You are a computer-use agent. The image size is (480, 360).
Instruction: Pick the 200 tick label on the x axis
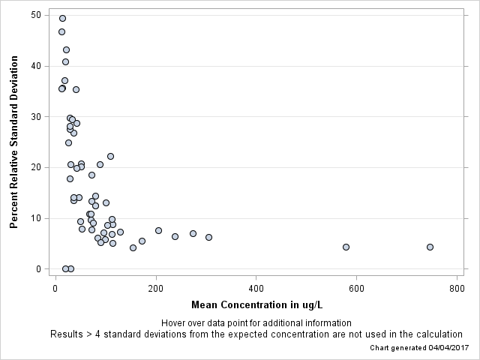(156, 288)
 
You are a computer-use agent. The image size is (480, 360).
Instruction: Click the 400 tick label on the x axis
(256, 288)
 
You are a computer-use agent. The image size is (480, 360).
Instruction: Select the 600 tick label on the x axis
(356, 288)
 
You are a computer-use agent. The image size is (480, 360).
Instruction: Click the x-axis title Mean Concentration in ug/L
(256, 304)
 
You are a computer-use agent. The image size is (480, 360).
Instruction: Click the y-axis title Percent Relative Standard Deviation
(13, 141)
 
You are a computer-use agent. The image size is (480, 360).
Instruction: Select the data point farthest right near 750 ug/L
(430, 247)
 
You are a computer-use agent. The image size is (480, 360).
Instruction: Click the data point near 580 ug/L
(346, 247)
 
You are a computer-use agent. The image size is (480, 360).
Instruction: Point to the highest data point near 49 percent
(62, 18)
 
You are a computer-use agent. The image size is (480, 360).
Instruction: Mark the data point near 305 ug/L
(208, 237)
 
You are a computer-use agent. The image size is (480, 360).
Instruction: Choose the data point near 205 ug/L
(158, 230)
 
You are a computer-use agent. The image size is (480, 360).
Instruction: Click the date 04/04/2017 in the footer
(444, 348)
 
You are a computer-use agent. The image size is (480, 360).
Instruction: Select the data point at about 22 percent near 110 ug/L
(110, 156)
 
